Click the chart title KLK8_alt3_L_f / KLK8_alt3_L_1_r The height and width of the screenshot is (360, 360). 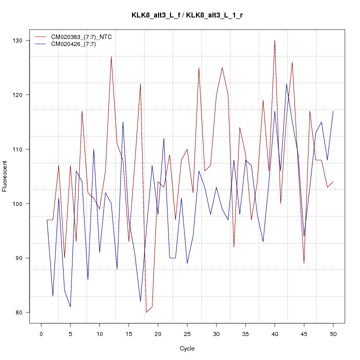coord(187,15)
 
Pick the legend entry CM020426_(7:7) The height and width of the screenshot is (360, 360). coord(77,44)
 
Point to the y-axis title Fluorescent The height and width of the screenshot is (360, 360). coord(5,176)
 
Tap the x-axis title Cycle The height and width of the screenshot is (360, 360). coord(187,348)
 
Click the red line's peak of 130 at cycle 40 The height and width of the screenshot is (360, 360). coord(274,40)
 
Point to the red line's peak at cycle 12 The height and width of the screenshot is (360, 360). coord(111,56)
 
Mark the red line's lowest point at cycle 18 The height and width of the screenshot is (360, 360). coord(146,312)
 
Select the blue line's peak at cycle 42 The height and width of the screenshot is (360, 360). coord(286,84)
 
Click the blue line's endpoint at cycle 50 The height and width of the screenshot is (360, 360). coord(333,111)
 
